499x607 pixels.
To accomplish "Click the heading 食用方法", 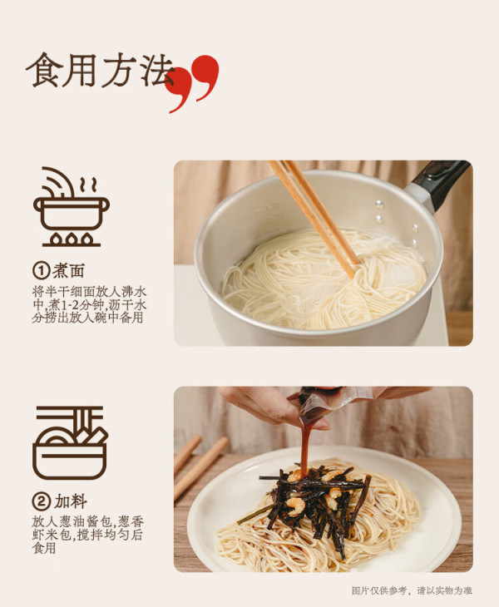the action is coord(100,70).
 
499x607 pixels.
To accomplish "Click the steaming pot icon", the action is coord(72,207).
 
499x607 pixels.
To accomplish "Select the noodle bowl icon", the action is coord(71,443).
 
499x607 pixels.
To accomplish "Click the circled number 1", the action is coord(41,270).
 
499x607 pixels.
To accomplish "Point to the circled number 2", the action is coord(41,501).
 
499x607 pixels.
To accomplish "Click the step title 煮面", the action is coord(68,270).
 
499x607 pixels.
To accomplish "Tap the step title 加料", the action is coord(70,501).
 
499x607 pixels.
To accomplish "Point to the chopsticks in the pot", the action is coord(314,216).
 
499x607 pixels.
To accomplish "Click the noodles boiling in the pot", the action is coord(324,279).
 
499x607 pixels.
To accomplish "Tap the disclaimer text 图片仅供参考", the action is coord(379,590).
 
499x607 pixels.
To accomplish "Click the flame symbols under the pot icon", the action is coord(72,239).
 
